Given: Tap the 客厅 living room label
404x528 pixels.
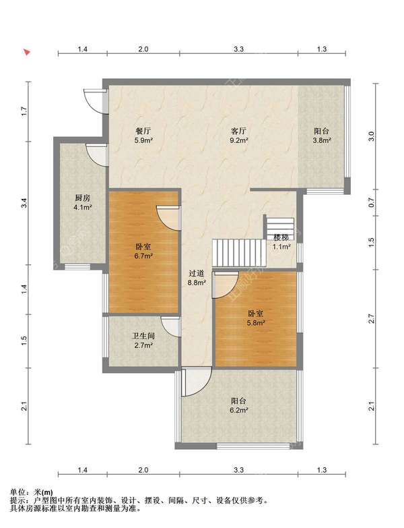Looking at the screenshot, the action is pyautogui.click(x=238, y=131).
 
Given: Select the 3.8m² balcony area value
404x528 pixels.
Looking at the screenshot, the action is pyautogui.click(x=322, y=140).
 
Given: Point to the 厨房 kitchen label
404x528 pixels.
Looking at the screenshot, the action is pyautogui.click(x=83, y=198).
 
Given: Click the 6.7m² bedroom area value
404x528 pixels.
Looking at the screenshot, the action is pyautogui.click(x=143, y=256).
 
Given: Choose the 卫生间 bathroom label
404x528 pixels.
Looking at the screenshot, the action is pyautogui.click(x=143, y=336).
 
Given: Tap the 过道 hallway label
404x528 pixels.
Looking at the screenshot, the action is pyautogui.click(x=197, y=273).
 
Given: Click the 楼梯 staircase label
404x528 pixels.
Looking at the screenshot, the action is pyautogui.click(x=281, y=237).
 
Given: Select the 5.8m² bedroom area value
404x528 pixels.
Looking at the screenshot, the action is pyautogui.click(x=256, y=323).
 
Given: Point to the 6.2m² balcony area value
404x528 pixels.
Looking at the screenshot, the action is pyautogui.click(x=239, y=410).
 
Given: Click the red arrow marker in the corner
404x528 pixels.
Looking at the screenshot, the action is pyautogui.click(x=27, y=52).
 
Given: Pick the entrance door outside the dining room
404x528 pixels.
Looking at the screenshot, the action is pyautogui.click(x=94, y=101).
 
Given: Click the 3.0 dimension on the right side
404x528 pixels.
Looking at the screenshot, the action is pyautogui.click(x=371, y=136).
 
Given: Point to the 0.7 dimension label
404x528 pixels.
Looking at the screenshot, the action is pyautogui.click(x=371, y=203).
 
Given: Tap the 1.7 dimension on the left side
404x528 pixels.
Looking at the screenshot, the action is pyautogui.click(x=23, y=111).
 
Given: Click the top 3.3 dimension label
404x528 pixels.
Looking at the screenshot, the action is pyautogui.click(x=238, y=49).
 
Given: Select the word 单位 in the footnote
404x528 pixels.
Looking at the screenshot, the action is pyautogui.click(x=17, y=492).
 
